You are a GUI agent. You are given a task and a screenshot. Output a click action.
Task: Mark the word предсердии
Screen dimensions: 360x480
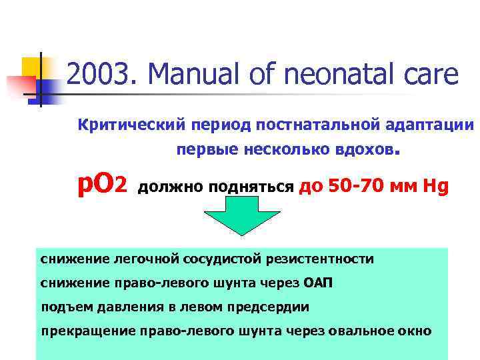click(x=273, y=307)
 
